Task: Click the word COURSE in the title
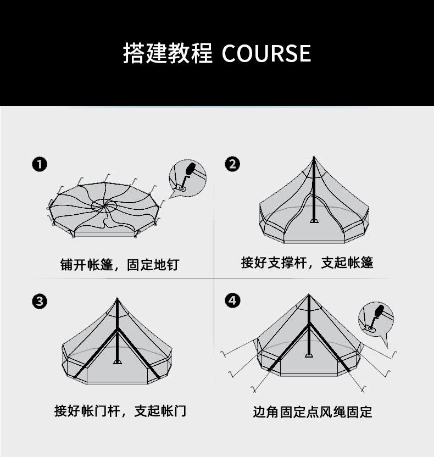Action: (x=266, y=54)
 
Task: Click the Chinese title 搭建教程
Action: (x=168, y=54)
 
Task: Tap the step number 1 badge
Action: (x=39, y=164)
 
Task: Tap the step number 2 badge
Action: (x=232, y=164)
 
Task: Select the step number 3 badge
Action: (x=39, y=302)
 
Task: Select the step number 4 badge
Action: (x=232, y=300)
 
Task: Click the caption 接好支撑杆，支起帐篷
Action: (x=307, y=263)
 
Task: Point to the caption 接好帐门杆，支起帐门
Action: (x=120, y=411)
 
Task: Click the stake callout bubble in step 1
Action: (x=187, y=177)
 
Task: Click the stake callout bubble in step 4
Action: (x=375, y=319)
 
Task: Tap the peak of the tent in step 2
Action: (x=314, y=158)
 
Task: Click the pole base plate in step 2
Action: (x=314, y=221)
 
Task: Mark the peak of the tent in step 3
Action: (x=117, y=299)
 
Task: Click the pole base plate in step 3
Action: (x=117, y=361)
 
